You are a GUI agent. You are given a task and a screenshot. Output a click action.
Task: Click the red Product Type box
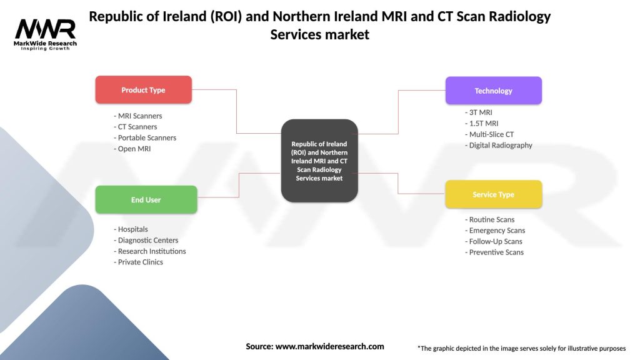[143, 90]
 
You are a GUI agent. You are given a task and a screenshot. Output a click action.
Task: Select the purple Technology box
[493, 91]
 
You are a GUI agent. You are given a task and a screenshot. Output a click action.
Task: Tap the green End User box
[146, 200]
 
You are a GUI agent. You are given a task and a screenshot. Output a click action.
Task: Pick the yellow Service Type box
[493, 194]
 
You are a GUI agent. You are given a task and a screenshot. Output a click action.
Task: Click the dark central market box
[319, 161]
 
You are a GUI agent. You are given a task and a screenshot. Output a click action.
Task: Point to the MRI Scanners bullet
[139, 116]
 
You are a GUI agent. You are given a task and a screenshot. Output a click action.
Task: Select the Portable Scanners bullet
[146, 137]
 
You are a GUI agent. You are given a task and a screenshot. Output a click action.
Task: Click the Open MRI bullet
[134, 149]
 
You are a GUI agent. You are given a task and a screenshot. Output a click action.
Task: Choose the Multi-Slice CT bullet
[491, 134]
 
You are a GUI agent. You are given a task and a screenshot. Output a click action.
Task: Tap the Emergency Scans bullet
[496, 231]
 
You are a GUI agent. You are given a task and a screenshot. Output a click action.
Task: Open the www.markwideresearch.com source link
[329, 346]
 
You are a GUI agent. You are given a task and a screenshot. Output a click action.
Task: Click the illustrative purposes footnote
[522, 348]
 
